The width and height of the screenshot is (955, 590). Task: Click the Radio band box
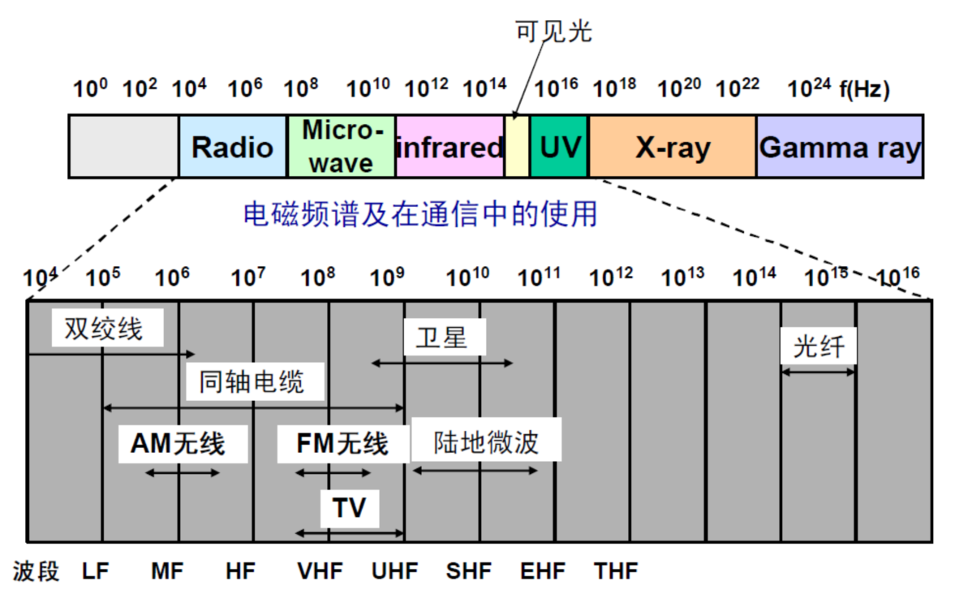(x=232, y=146)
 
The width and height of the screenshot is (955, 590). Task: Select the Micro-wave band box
(x=342, y=146)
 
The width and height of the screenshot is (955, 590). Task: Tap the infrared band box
(x=450, y=146)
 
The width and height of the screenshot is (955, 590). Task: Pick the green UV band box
(x=559, y=146)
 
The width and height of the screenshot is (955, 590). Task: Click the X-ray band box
(x=672, y=146)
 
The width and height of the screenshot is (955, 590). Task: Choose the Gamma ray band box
(x=840, y=146)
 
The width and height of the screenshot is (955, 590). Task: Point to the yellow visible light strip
(x=517, y=146)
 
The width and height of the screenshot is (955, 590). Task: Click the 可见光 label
(x=554, y=31)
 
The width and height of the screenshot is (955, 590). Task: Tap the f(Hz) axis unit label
(x=865, y=90)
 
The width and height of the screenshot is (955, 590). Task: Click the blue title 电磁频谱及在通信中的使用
(x=420, y=213)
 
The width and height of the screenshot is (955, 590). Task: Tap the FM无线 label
(x=342, y=443)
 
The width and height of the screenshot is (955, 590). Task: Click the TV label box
(x=349, y=508)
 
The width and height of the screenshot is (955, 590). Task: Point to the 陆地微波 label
(x=486, y=441)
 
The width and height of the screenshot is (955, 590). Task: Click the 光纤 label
(x=819, y=347)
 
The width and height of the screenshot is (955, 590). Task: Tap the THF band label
(x=616, y=570)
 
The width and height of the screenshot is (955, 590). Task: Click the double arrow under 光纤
(x=818, y=373)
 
